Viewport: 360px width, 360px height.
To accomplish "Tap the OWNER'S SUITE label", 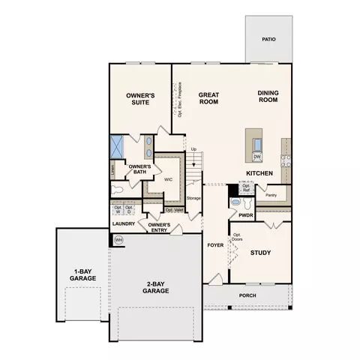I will (x=139, y=99).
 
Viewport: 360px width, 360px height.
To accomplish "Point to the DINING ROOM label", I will (x=268, y=96).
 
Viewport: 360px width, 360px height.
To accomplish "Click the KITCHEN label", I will (x=258, y=174).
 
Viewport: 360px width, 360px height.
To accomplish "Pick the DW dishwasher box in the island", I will (x=256, y=156).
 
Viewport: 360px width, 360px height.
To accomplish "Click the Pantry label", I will (x=271, y=195).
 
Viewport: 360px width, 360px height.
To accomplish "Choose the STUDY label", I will (x=260, y=253).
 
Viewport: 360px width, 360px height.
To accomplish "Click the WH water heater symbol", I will (x=118, y=240).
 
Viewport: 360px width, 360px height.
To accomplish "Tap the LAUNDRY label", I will (x=123, y=223).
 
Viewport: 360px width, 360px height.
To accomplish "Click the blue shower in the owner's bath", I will (x=118, y=145).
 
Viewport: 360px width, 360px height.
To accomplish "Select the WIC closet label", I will (x=169, y=179).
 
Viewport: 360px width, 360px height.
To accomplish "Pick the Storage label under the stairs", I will (x=194, y=198).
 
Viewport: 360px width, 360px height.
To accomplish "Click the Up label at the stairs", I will (x=193, y=150).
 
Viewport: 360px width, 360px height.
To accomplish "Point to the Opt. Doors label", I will (x=237, y=238).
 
